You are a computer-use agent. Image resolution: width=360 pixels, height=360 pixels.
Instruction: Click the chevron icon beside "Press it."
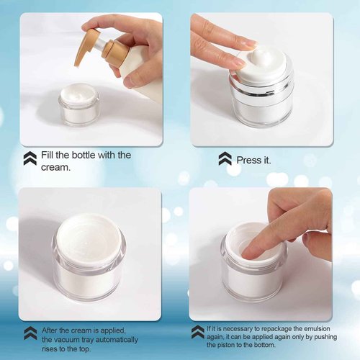(x=225, y=158)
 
